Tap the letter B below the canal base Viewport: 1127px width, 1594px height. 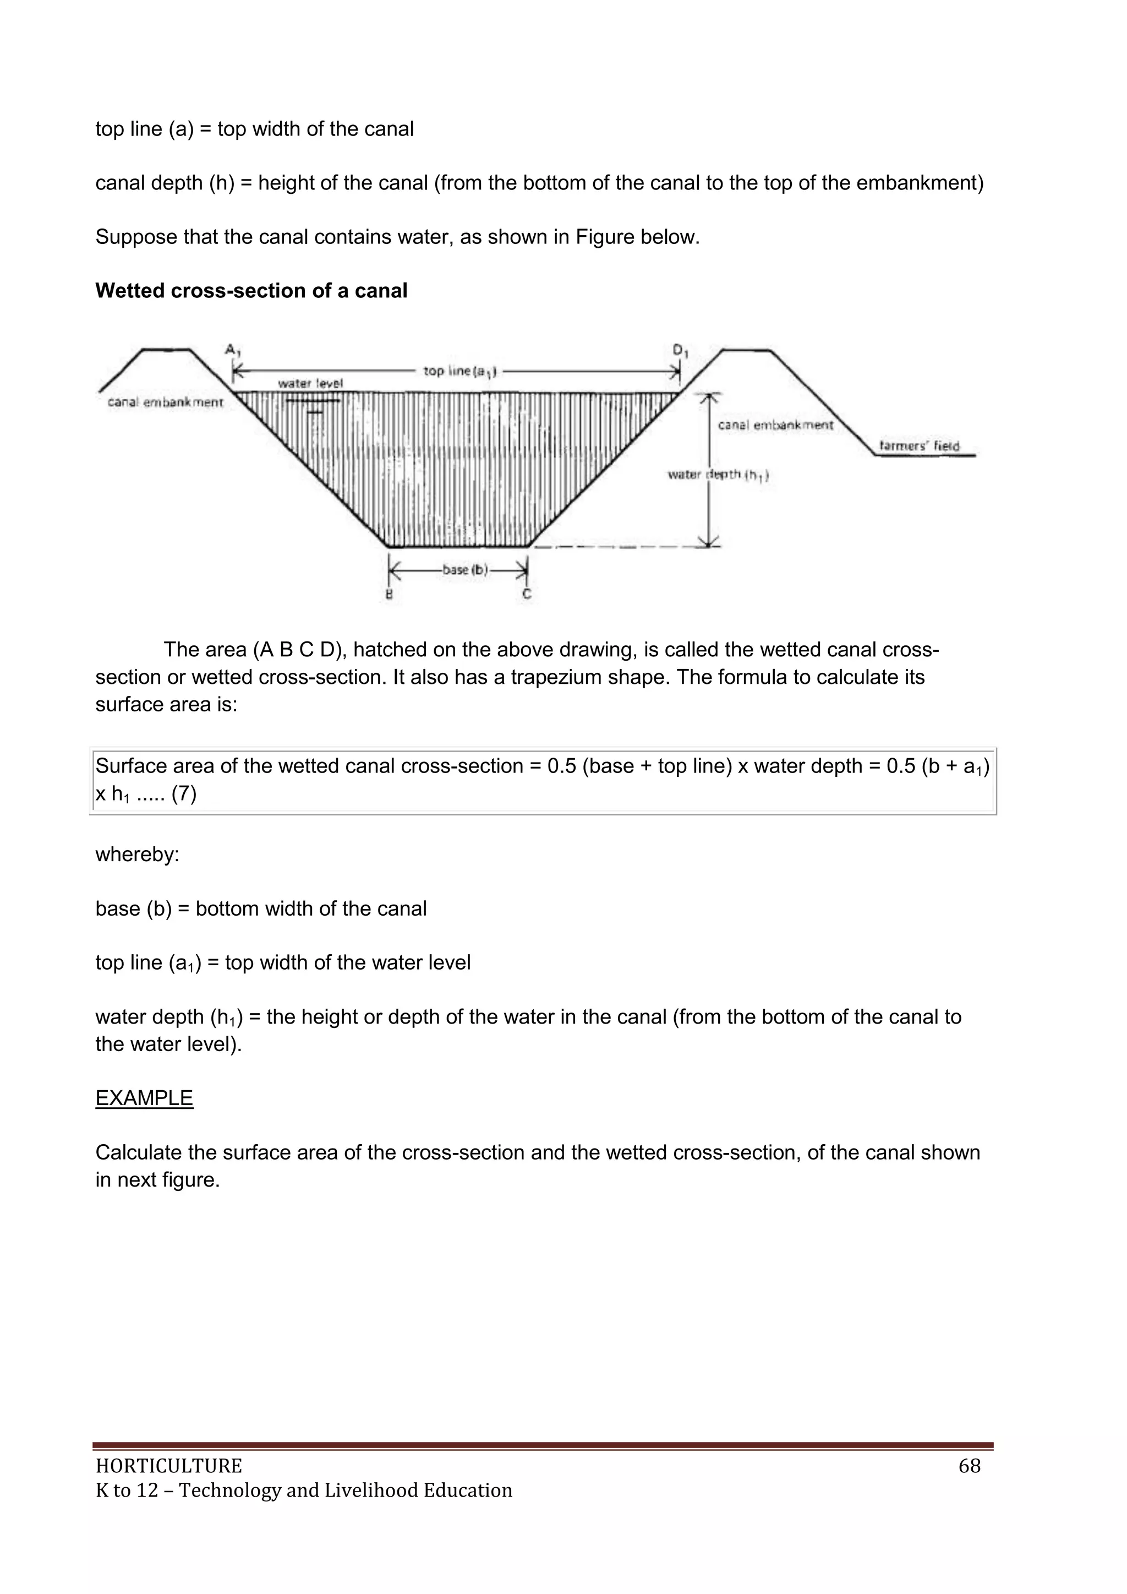(389, 594)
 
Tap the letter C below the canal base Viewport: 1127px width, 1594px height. (527, 594)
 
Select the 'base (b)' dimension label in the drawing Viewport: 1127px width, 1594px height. (465, 570)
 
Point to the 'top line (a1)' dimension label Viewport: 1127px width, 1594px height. (459, 372)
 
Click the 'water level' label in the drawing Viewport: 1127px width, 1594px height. (310, 383)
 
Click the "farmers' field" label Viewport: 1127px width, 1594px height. (919, 445)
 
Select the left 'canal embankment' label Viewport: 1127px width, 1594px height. (165, 402)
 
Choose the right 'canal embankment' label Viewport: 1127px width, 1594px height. (775, 425)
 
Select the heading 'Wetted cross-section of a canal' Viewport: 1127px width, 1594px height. (251, 290)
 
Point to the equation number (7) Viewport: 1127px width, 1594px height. (184, 793)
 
